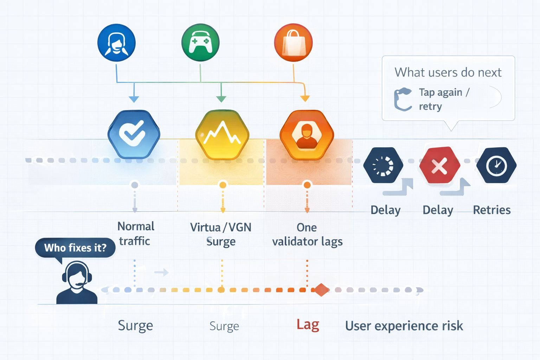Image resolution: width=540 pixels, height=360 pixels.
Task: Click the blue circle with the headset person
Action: click(116, 43)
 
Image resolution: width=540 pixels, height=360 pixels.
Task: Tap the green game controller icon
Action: click(200, 43)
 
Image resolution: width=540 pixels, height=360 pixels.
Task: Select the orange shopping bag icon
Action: click(293, 43)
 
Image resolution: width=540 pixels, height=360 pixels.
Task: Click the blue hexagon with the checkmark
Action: click(134, 134)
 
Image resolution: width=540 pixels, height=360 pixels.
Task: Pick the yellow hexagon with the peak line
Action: click(222, 135)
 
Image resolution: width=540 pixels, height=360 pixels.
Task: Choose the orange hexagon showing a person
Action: click(307, 135)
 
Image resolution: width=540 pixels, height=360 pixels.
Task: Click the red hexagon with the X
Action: click(439, 165)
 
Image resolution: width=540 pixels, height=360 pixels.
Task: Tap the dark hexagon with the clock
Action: click(496, 165)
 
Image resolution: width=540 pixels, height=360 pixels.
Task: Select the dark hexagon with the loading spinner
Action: click(383, 165)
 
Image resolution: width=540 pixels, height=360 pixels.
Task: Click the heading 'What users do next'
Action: click(448, 72)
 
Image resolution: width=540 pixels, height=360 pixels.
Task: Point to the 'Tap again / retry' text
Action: click(444, 99)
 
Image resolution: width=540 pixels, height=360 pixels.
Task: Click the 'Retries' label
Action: click(491, 210)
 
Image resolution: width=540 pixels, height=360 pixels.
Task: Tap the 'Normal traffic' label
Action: click(135, 233)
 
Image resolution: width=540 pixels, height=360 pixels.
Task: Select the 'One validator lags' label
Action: click(307, 234)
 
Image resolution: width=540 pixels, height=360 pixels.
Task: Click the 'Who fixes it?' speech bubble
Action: click(75, 248)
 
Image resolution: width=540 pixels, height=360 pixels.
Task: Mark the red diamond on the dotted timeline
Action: click(321, 290)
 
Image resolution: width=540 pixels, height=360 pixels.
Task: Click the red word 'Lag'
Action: click(308, 324)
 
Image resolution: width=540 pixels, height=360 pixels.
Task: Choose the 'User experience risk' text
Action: click(404, 326)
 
